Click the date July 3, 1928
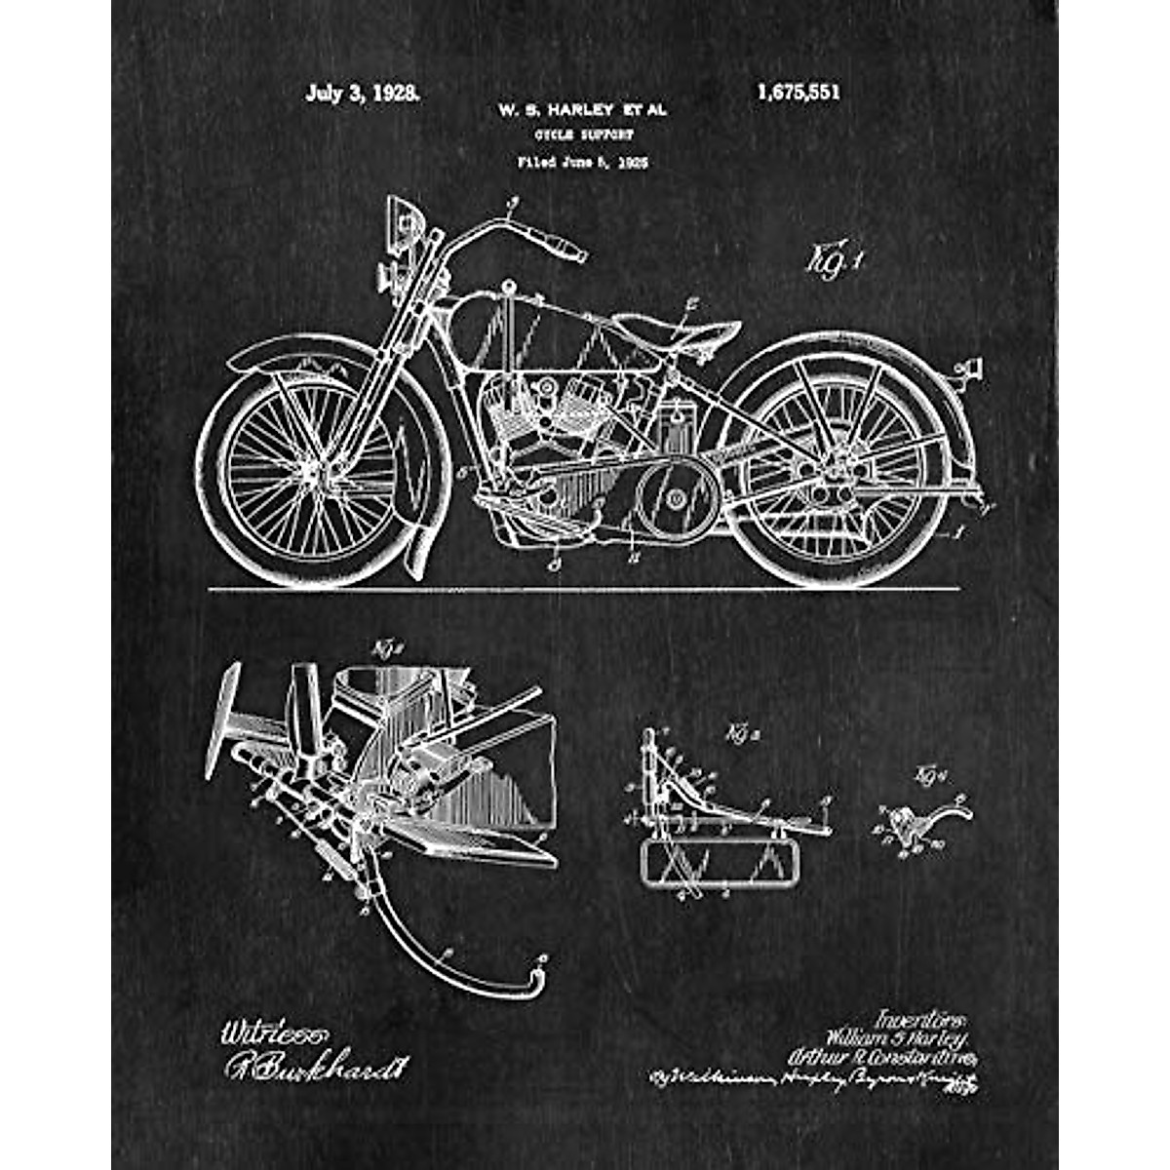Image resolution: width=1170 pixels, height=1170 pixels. click(x=363, y=94)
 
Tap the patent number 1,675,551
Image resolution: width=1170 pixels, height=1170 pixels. click(x=798, y=93)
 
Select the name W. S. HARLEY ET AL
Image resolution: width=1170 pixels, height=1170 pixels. click(x=583, y=111)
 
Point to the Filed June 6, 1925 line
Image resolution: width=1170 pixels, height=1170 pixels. click(x=583, y=163)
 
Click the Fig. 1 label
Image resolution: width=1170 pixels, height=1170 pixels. click(x=835, y=260)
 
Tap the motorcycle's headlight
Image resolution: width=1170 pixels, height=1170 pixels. click(x=402, y=218)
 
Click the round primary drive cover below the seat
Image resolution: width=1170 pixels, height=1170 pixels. click(x=675, y=499)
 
